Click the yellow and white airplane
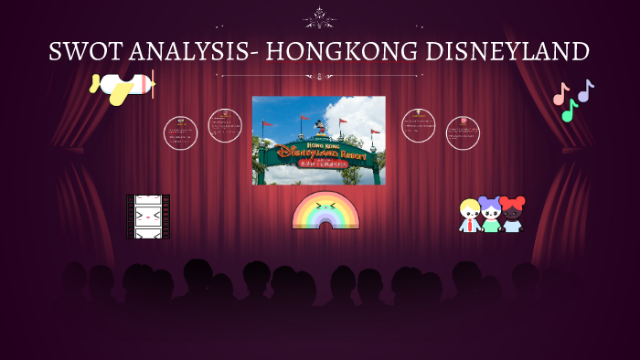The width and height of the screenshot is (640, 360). click(x=123, y=87)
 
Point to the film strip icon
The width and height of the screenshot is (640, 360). click(x=147, y=217)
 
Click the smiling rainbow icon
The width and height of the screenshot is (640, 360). click(x=325, y=211)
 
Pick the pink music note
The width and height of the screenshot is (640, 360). click(x=560, y=93)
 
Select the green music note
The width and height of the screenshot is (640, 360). click(x=570, y=111)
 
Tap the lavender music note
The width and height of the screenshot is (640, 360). click(x=585, y=90)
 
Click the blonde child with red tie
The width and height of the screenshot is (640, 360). click(x=470, y=216)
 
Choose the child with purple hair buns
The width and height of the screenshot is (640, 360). click(x=491, y=215)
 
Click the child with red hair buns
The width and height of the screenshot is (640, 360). click(x=512, y=215)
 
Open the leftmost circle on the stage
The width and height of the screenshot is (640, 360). click(x=180, y=133)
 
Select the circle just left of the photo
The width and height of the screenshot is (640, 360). click(x=225, y=126)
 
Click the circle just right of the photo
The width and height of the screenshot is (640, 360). click(x=418, y=126)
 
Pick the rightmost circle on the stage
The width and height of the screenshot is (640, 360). click(x=463, y=133)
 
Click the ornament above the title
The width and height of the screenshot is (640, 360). click(x=319, y=16)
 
